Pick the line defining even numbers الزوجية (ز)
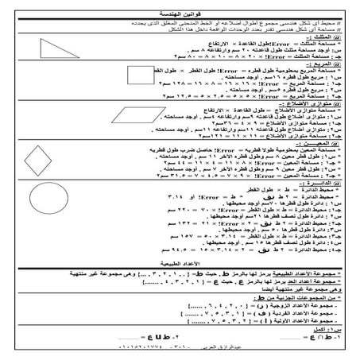click(x=262, y=299)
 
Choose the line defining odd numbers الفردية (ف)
click(x=262, y=308)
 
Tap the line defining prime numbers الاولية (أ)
click(x=262, y=316)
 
